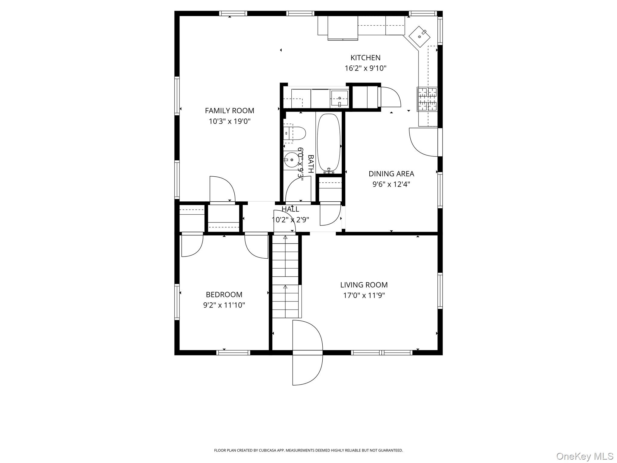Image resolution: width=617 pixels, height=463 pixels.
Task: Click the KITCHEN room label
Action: coord(365,58)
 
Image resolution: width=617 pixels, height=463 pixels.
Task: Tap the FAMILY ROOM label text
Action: coord(230,111)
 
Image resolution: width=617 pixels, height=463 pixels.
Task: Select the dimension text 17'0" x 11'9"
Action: coord(364,295)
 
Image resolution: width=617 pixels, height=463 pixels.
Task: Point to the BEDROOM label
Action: coord(224,294)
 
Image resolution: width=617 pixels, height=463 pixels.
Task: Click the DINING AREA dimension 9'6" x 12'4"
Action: coord(391,184)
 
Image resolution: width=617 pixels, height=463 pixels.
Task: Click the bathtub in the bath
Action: coord(329,142)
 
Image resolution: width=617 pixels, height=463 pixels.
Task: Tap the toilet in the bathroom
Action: coord(296,133)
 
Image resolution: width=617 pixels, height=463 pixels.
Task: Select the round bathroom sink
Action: coord(291,160)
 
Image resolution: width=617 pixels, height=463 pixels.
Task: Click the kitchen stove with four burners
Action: coord(427,99)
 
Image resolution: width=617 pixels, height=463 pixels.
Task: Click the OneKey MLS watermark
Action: coord(584,456)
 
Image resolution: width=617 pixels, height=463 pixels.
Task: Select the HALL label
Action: coord(290,209)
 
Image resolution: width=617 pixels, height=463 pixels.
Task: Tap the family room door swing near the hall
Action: coord(222,189)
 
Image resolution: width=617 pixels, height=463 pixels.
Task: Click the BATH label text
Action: coord(311,164)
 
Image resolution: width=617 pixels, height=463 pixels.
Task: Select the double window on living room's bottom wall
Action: coord(381,352)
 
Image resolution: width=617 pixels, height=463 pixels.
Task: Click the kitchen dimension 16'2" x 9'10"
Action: coord(365,68)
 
